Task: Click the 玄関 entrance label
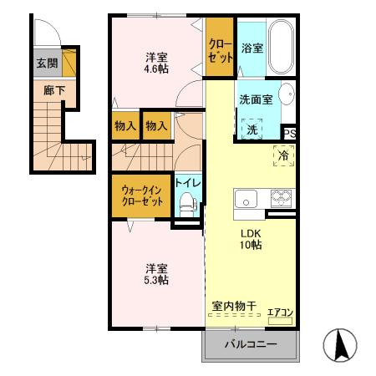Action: pyautogui.click(x=46, y=63)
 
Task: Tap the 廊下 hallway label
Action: pyautogui.click(x=54, y=89)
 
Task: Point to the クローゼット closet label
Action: pyautogui.click(x=221, y=48)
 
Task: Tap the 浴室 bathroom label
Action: pyautogui.click(x=252, y=48)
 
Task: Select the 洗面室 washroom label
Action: pyautogui.click(x=256, y=99)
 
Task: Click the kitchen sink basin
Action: pyautogui.click(x=247, y=200)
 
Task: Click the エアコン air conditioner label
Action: pyautogui.click(x=279, y=313)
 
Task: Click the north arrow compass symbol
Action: pyautogui.click(x=340, y=345)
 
